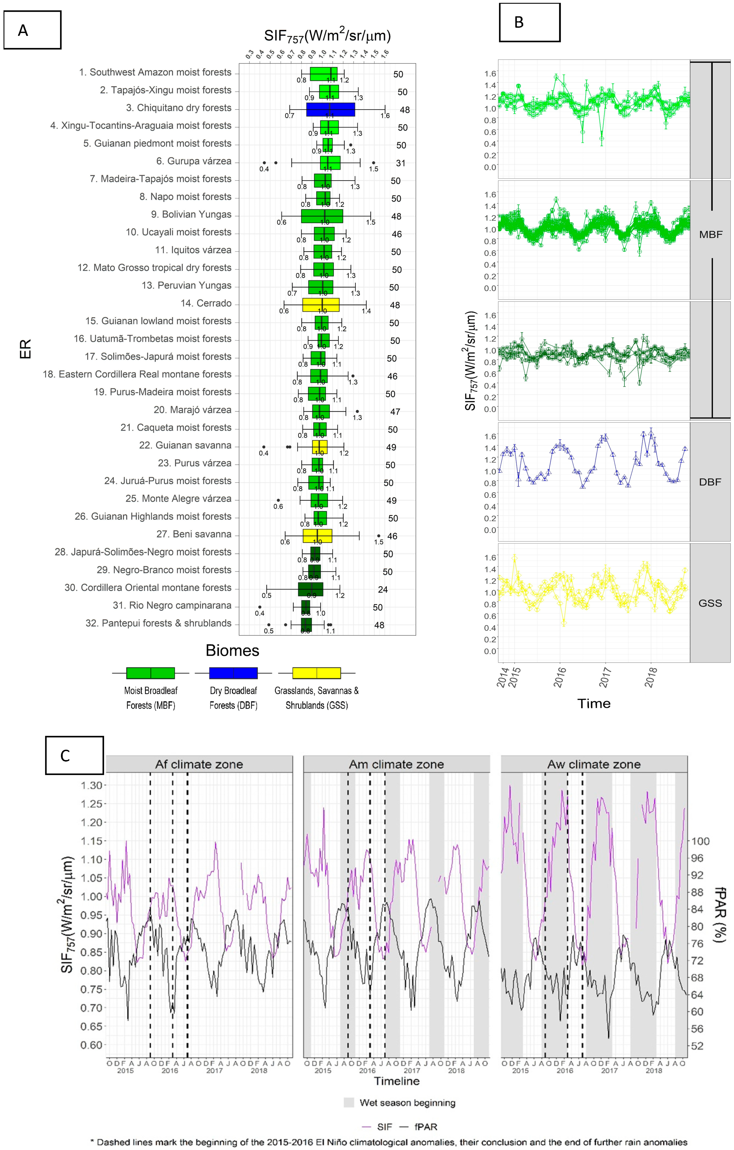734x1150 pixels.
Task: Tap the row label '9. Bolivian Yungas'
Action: [191, 214]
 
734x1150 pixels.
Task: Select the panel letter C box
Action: [75, 755]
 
